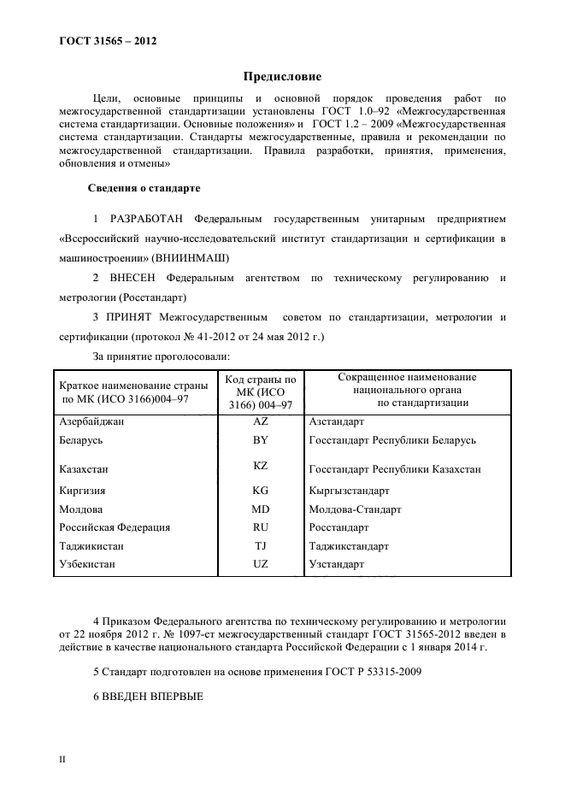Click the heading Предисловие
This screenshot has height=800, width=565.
click(282, 76)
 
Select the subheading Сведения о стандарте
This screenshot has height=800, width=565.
click(144, 187)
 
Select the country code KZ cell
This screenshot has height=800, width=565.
click(261, 468)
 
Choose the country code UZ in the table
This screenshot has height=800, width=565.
click(261, 565)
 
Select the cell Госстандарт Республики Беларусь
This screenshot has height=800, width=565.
click(392, 440)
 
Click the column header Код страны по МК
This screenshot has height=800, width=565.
click(260, 391)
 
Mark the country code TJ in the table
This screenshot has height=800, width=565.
click(261, 546)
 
